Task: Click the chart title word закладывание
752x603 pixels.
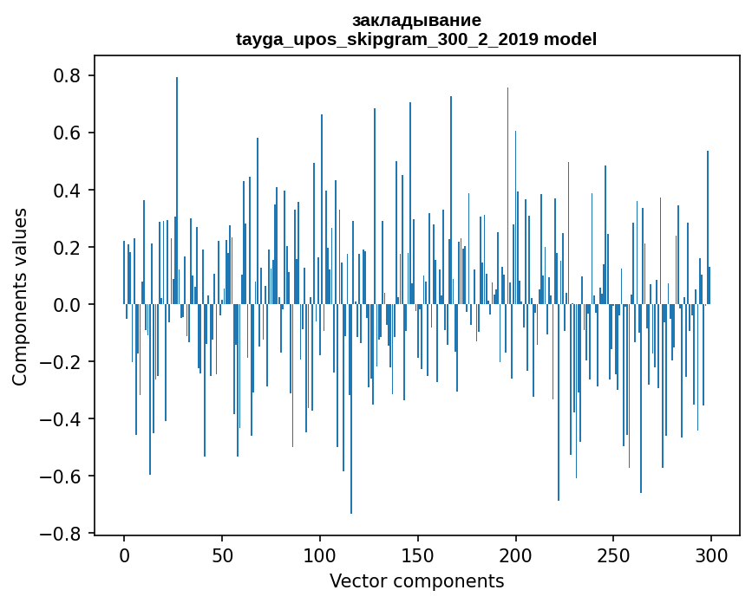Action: click(x=416, y=20)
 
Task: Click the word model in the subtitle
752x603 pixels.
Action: click(x=570, y=39)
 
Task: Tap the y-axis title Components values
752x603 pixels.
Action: click(x=20, y=296)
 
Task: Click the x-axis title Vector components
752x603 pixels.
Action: click(x=416, y=580)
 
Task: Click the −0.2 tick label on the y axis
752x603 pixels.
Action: click(x=62, y=362)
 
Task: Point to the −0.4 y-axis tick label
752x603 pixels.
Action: click(x=62, y=419)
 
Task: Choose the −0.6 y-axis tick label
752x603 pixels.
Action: click(x=62, y=477)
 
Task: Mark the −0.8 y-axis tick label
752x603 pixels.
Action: click(x=62, y=534)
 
